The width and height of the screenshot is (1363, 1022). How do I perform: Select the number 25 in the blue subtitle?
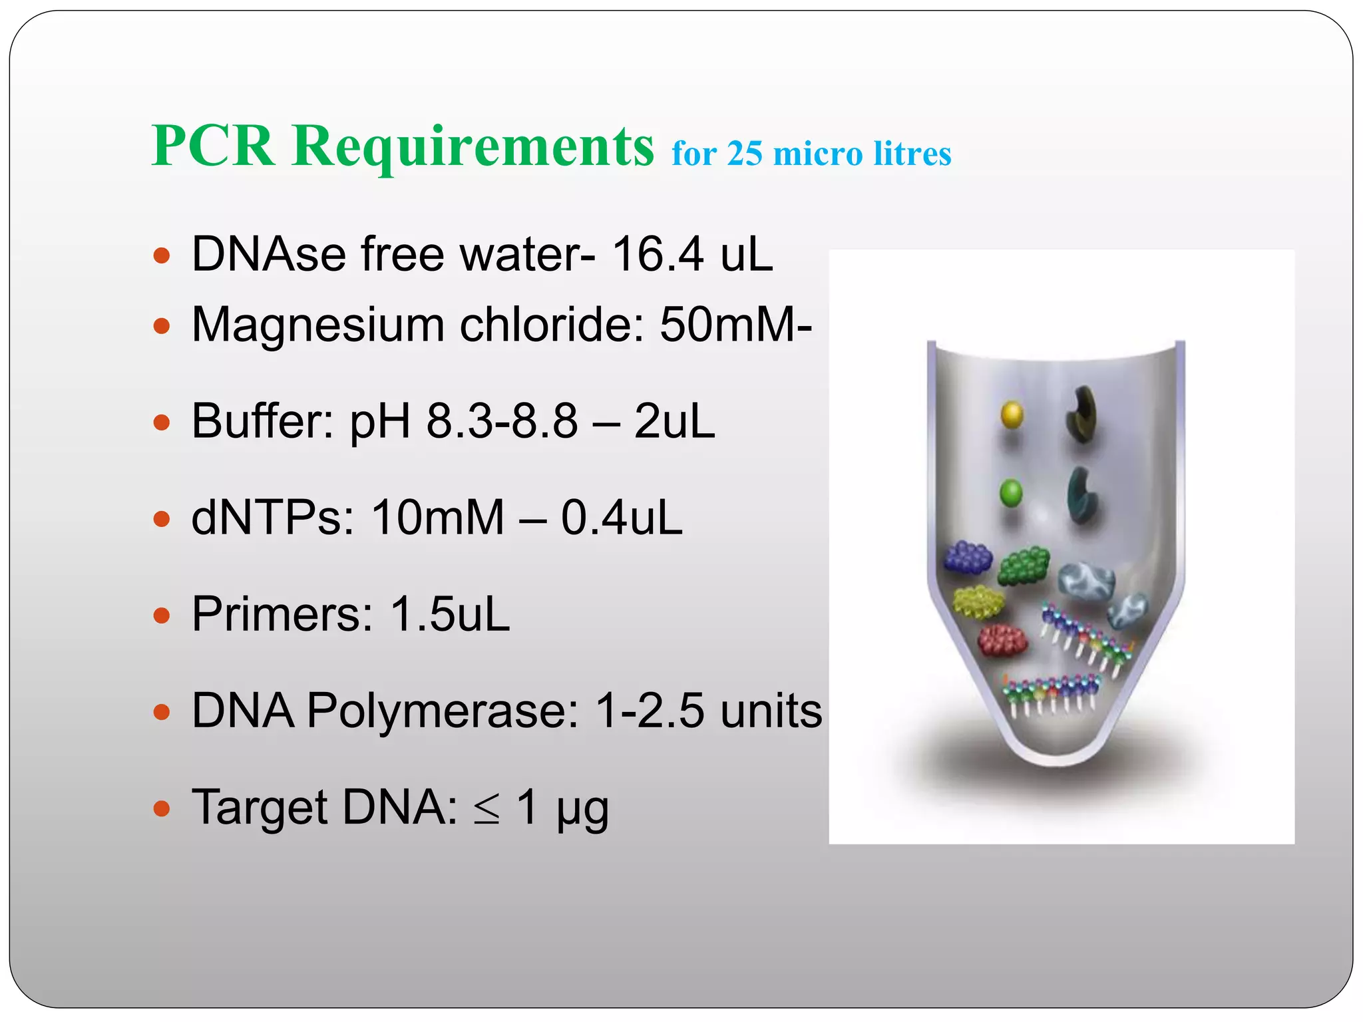tap(744, 154)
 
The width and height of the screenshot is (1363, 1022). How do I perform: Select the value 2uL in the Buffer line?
tap(674, 421)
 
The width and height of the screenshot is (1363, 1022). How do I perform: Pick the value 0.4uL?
tap(622, 518)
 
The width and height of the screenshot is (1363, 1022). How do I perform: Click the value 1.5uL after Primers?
tap(451, 614)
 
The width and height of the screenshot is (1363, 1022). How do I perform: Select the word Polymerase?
tap(443, 711)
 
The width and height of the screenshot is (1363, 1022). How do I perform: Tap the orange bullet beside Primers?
tap(162, 615)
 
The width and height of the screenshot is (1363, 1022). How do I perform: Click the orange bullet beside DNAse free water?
tap(162, 255)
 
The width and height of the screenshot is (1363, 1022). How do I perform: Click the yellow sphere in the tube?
tap(1012, 414)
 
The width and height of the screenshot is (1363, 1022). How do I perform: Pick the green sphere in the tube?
tap(1011, 493)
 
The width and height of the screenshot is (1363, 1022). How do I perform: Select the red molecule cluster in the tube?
tap(1002, 639)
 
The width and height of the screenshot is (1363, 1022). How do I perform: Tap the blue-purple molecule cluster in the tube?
tap(968, 557)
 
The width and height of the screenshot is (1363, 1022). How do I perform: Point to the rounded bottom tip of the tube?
tap(1056, 759)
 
